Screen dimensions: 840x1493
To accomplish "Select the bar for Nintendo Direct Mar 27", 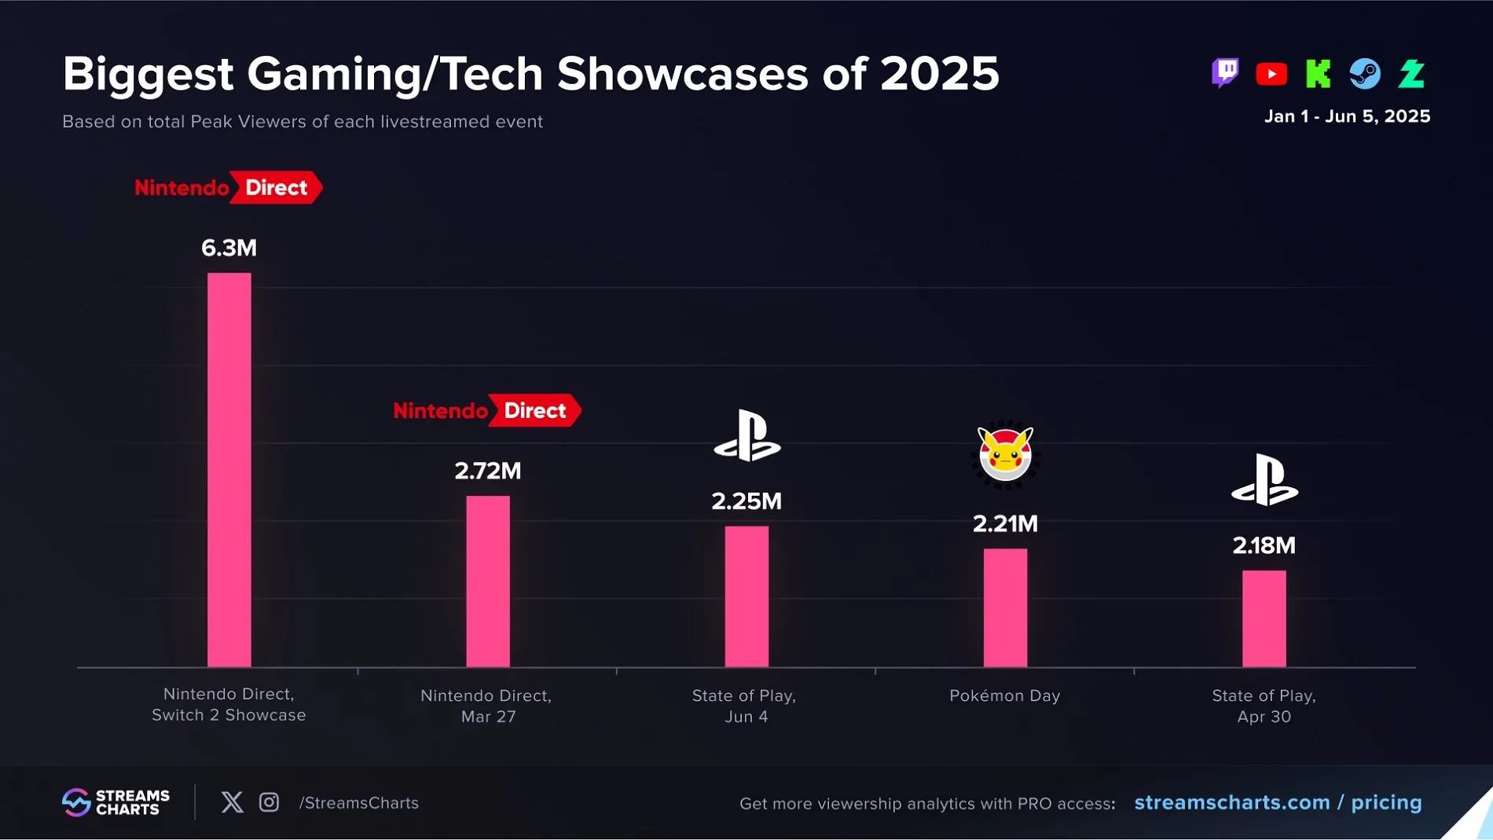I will pos(487,581).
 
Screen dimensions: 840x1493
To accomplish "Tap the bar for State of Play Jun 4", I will pos(746,596).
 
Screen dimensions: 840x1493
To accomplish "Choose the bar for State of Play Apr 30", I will pos(1264,618).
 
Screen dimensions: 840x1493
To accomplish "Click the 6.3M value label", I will pos(229,248).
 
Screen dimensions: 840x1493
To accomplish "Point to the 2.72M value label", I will pos(487,471).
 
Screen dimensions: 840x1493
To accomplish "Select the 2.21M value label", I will pos(1005,524).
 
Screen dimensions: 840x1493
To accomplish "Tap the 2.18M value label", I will pos(1264,545).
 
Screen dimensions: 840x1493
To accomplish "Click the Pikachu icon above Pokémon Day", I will pos(1005,454).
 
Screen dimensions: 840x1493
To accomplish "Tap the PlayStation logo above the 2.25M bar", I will pos(746,436).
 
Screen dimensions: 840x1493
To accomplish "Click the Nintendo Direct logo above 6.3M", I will pos(228,188).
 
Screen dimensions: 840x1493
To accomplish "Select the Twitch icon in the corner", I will pos(1224,74).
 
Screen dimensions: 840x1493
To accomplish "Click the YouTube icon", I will pos(1271,74).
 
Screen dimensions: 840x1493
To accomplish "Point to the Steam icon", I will pos(1365,74).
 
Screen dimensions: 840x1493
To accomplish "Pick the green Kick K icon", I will pos(1318,74).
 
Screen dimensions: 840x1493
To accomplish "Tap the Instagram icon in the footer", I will pos(269,802).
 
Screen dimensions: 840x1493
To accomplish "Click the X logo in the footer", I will pos(232,802).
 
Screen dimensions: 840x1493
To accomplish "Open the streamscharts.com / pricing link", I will pos(1278,802).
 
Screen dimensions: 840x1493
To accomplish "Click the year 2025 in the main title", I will pos(939,74).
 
